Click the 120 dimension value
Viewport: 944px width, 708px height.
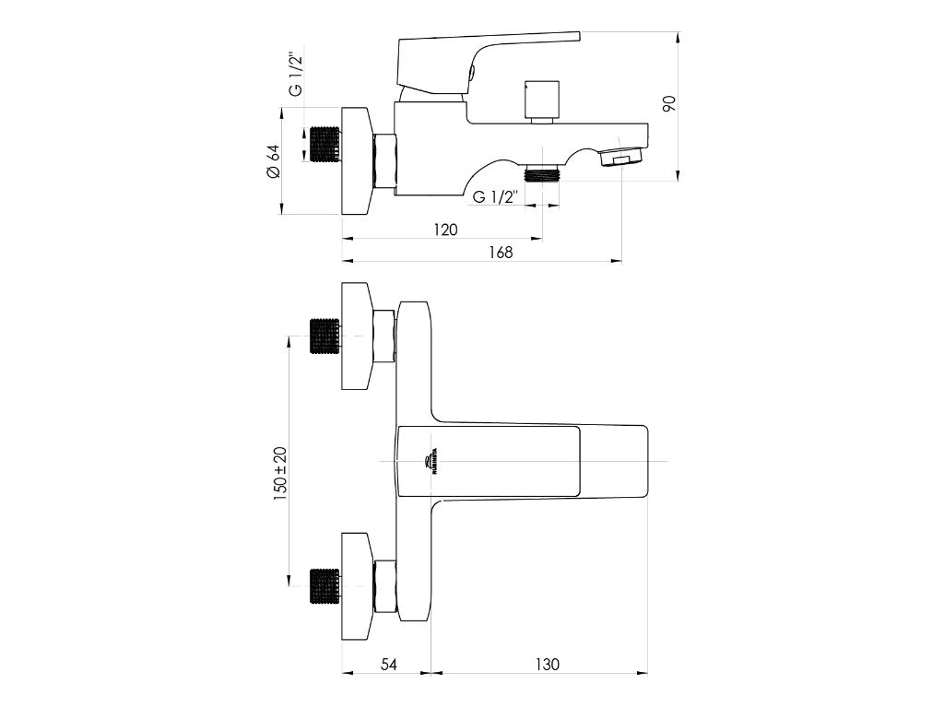coord(445,230)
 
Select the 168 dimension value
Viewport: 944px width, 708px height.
coord(501,252)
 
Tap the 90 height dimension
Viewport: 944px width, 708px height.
coord(670,103)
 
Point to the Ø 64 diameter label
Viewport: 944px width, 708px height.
coord(272,161)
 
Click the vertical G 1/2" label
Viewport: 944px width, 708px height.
coord(296,75)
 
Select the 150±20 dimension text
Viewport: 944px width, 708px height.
coord(279,473)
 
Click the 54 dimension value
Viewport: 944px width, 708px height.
coord(388,664)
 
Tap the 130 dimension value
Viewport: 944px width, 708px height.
coord(547,664)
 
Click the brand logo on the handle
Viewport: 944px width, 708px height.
coord(430,461)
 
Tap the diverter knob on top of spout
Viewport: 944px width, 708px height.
coord(542,100)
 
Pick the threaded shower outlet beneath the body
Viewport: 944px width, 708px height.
coord(542,173)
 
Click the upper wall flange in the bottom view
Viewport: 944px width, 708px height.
coord(358,336)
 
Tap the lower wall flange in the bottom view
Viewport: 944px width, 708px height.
coord(358,585)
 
